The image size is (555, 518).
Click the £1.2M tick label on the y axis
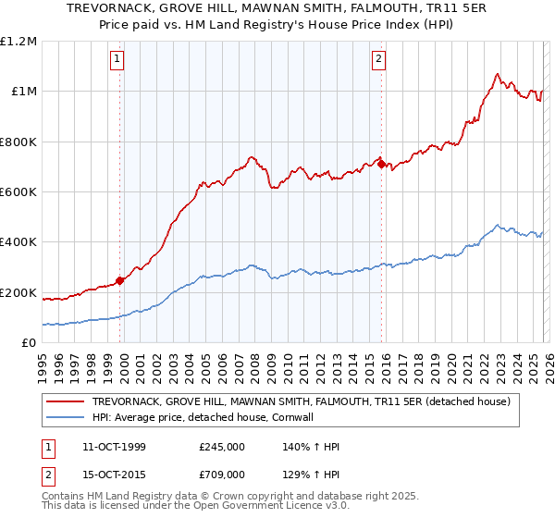(x=18, y=42)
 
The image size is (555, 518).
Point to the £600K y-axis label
(x=18, y=192)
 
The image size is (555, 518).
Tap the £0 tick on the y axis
(x=30, y=343)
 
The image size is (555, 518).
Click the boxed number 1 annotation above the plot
(x=118, y=60)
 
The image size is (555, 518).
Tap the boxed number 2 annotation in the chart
(x=379, y=60)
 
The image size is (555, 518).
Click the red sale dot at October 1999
(x=119, y=281)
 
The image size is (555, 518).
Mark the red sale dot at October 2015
(x=381, y=165)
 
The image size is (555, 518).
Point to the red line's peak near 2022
(x=498, y=74)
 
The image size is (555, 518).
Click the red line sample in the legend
(x=66, y=402)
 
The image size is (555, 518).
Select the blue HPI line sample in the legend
(x=66, y=418)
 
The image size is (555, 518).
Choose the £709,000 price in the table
(x=222, y=474)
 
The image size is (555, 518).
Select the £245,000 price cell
(x=222, y=448)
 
